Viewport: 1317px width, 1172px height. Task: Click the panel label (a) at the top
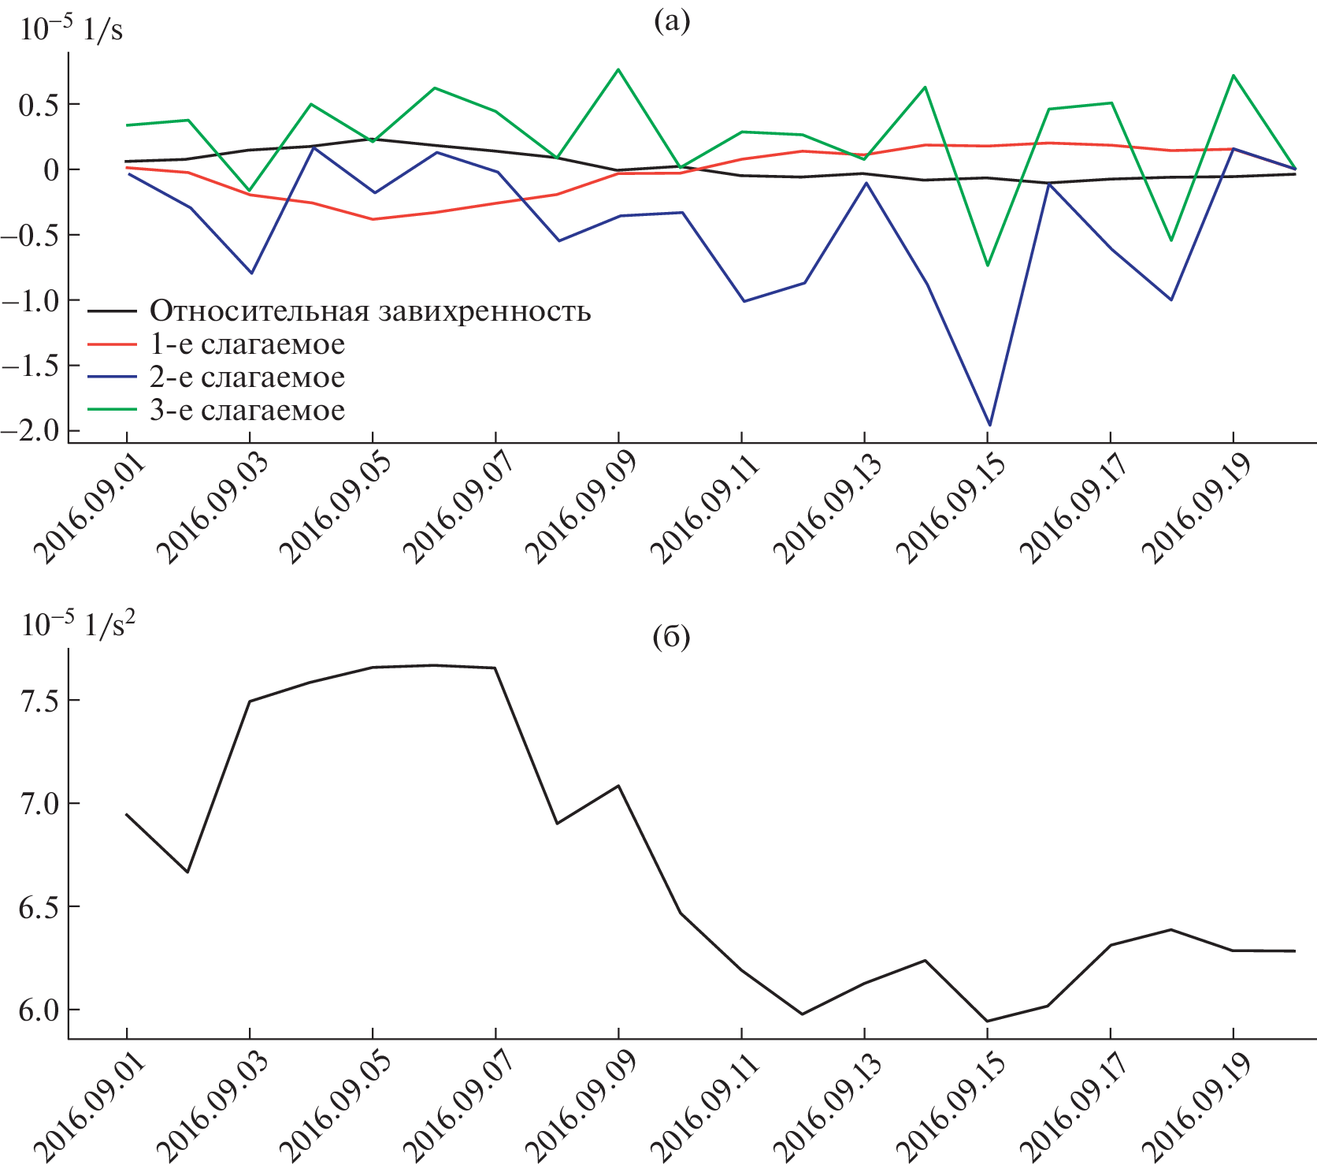671,21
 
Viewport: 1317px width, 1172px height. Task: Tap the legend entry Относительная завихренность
370,311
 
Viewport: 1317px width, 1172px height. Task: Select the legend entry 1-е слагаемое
247,344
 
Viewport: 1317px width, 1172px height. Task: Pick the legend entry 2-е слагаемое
247,378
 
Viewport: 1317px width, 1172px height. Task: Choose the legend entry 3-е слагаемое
247,411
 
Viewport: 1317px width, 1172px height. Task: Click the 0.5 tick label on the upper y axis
38,104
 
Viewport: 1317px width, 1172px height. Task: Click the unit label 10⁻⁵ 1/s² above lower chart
78,624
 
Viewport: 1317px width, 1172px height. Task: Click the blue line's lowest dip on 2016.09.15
989,426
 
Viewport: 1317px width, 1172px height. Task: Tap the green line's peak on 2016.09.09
619,69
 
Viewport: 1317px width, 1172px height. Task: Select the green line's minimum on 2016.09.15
988,265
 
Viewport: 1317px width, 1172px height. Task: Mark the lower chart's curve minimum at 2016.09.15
988,1021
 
